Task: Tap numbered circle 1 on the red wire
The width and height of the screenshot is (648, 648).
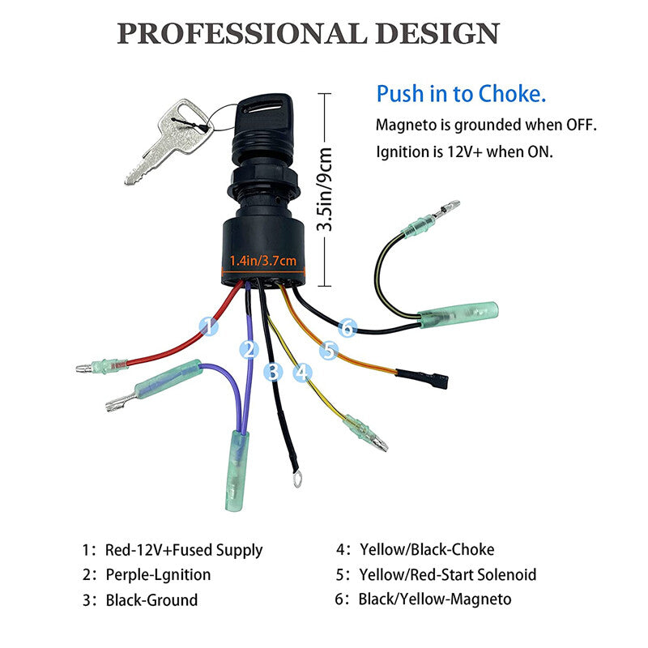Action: [x=209, y=326]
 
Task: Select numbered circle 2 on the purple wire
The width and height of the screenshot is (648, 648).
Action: [x=249, y=350]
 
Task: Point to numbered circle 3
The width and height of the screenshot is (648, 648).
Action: [x=273, y=372]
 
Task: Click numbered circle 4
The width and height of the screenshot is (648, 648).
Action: [x=302, y=372]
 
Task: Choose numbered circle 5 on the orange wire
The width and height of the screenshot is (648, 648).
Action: [x=329, y=350]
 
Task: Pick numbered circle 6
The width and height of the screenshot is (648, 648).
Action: [x=347, y=327]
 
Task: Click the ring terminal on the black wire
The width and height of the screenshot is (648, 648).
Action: [x=296, y=479]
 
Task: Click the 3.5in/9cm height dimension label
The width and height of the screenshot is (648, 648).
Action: [x=325, y=189]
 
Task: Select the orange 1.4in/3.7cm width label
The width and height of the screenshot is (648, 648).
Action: [x=262, y=261]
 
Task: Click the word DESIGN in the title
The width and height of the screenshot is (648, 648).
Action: [x=437, y=33]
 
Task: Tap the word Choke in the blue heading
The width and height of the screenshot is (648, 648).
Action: [x=512, y=94]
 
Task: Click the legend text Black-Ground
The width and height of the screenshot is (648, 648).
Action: [x=151, y=600]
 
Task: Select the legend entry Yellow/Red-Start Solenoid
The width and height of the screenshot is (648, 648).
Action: [x=448, y=574]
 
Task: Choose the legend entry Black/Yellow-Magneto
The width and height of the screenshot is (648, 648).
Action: [x=435, y=599]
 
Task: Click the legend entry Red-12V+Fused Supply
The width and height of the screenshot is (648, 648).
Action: [x=184, y=550]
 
